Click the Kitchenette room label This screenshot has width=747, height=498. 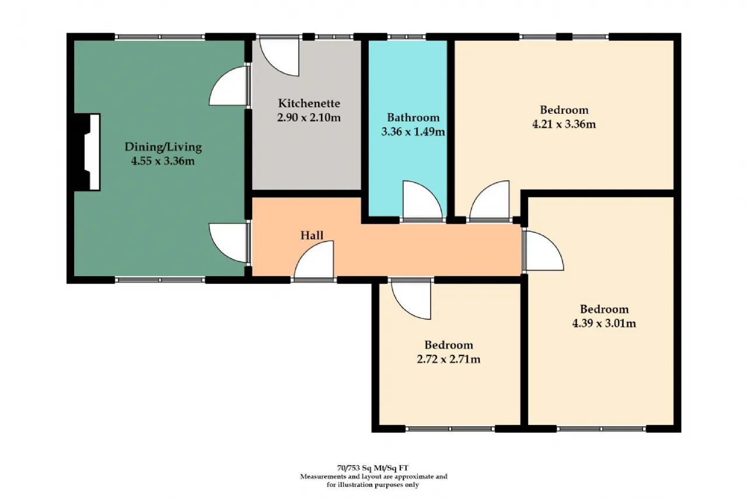coord(309,103)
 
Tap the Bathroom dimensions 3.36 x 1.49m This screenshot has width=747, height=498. coord(413,132)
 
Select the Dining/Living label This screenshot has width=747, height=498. coord(163,147)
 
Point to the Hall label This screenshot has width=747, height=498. coord(312,235)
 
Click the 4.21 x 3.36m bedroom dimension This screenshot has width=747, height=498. coord(564,124)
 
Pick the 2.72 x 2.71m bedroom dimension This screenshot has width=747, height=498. coord(449,359)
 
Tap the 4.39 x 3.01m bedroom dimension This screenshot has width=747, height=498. coord(604,323)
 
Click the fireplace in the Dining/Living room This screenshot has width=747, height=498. coord(88,152)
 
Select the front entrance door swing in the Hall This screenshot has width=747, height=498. coord(314,260)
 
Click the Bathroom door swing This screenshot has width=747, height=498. coord(423,200)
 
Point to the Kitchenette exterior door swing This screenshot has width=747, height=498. coord(280,57)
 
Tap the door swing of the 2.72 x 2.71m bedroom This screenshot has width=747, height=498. coord(411,300)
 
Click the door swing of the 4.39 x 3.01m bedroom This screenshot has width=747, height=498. coord(543,250)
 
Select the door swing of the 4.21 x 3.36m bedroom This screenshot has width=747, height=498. coord(490,200)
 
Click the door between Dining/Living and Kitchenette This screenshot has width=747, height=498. coord(229,86)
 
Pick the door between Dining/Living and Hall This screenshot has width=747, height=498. coord(229,243)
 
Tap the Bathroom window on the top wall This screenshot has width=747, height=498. coord(407,36)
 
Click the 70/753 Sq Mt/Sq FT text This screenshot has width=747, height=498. coord(372,468)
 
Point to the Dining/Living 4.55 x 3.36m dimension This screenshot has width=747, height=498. coord(163,162)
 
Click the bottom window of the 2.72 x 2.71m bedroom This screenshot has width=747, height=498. coord(450,429)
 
